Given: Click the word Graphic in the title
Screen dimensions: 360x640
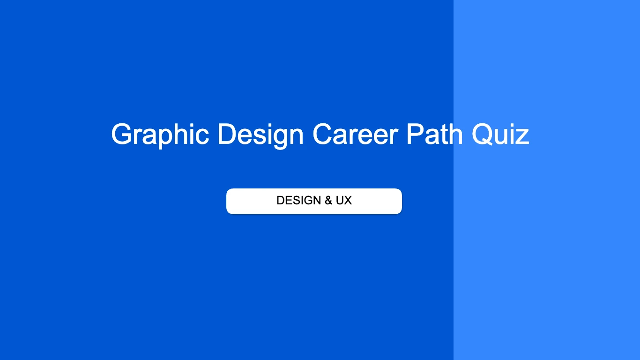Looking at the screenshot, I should (160, 135).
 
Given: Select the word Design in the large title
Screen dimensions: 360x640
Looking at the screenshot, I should (260, 135).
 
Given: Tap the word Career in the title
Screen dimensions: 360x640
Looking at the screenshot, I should (355, 135).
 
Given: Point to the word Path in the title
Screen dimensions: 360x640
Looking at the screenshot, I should (434, 135).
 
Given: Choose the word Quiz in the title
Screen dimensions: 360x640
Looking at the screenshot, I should (500, 135).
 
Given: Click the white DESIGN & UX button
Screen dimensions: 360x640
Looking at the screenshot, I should (314, 201).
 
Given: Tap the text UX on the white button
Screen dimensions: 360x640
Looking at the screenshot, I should (344, 201).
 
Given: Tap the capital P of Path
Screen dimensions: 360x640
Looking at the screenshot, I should (416, 135).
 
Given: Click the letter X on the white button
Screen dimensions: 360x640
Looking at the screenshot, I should (348, 201).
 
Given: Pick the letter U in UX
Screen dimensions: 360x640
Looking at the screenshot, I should (340, 201).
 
